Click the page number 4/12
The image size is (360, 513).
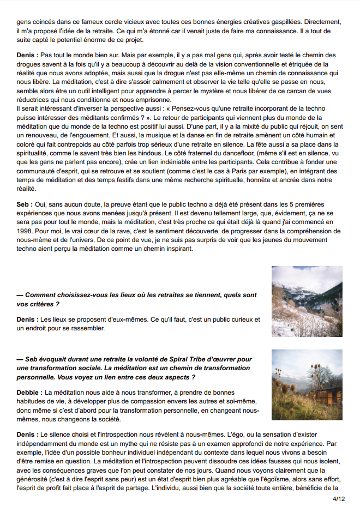(338, 498)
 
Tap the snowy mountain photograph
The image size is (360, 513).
(307, 301)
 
